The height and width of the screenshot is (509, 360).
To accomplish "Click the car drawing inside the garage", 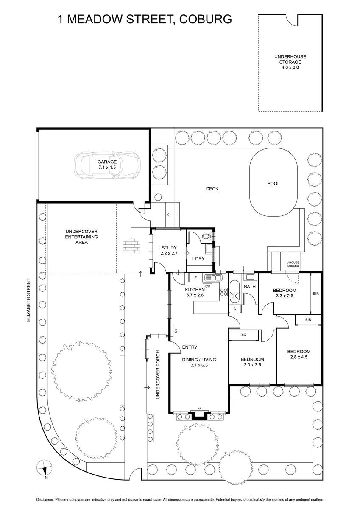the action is (107, 165).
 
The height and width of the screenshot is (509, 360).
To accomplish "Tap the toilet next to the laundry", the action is (207, 236).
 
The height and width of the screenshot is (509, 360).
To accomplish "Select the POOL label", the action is (273, 183).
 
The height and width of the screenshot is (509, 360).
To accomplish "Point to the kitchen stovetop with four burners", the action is (223, 292).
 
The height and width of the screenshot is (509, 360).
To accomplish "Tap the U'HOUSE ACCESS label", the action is (293, 264).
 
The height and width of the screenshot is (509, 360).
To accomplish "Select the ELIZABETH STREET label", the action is (28, 300).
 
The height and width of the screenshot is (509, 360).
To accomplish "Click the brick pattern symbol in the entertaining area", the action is (131, 247).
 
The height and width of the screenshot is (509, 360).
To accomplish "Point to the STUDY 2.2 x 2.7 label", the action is (169, 250).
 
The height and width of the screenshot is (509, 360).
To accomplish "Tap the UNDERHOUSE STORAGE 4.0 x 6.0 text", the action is (290, 62).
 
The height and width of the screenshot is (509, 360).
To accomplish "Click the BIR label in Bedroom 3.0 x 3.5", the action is (243, 335).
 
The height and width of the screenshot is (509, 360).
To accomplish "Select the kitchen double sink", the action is (213, 278).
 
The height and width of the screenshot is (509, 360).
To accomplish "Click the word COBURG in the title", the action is (206, 19).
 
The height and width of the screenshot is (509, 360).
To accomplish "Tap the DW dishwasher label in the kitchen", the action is (208, 286).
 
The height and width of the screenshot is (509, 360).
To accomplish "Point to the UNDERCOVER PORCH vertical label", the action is (158, 375).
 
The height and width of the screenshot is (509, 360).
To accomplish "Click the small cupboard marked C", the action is (234, 309).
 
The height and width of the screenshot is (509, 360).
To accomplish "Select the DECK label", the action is (212, 189).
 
